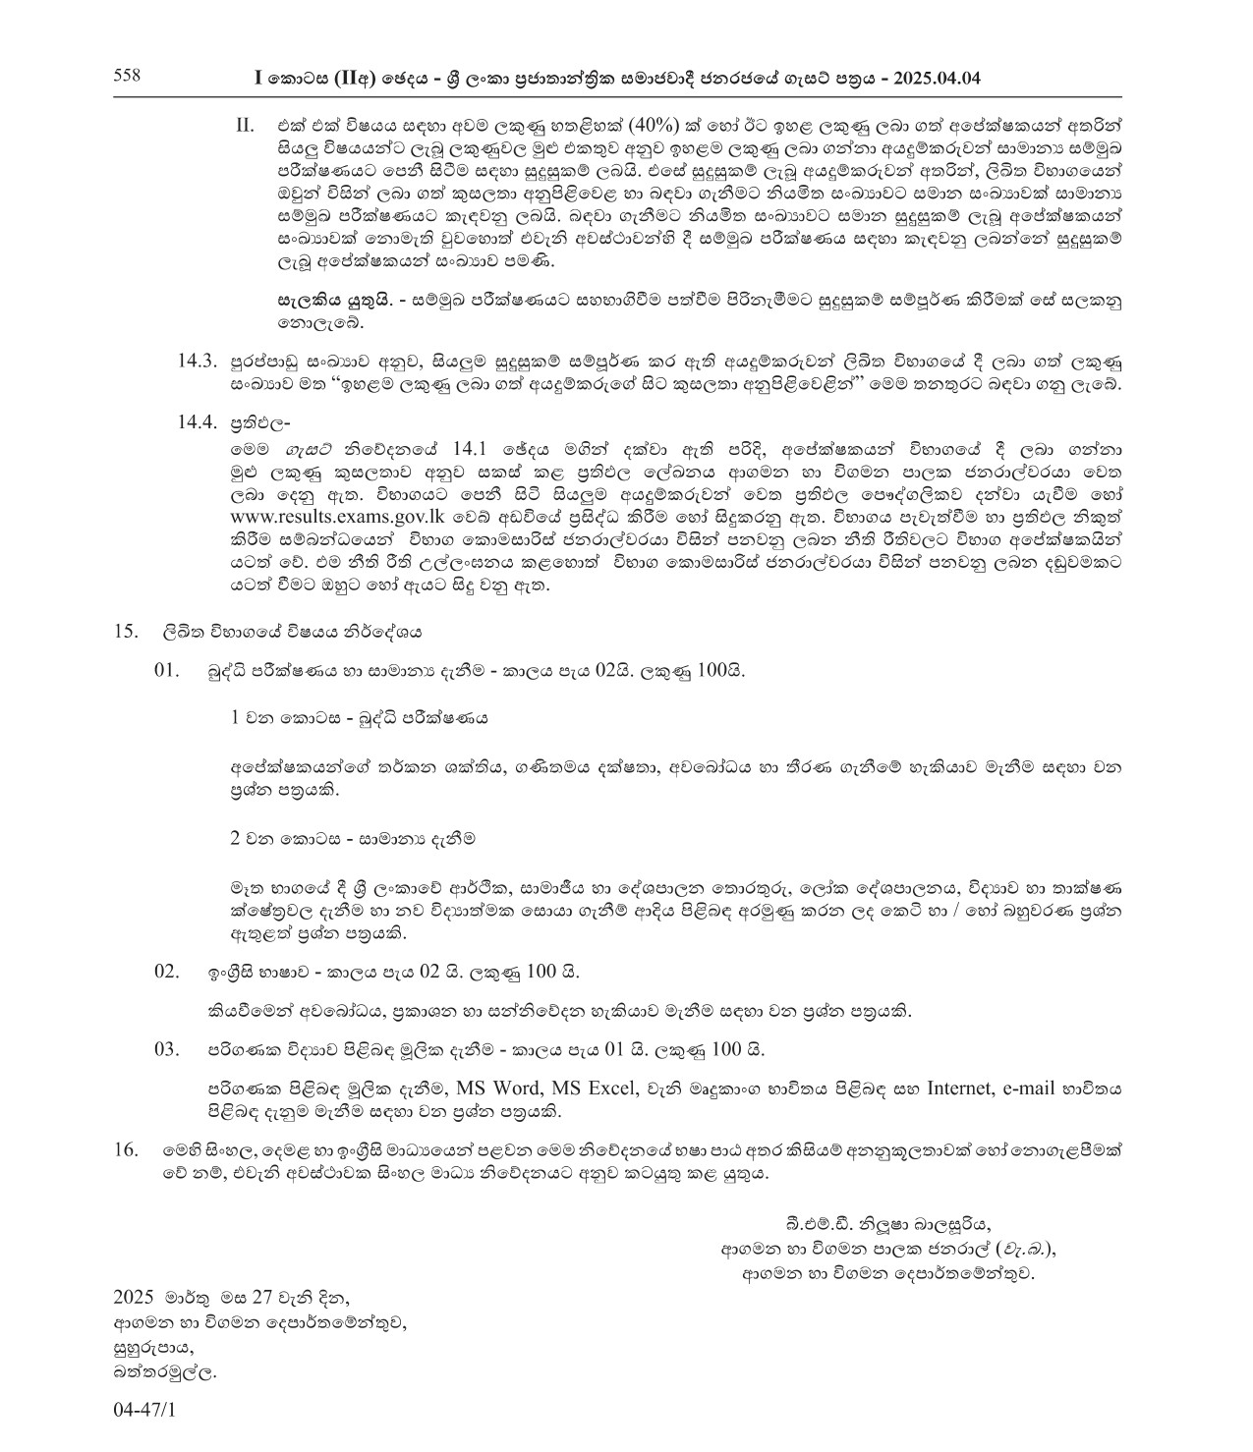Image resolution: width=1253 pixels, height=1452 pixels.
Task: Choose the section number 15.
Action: pyautogui.click(x=125, y=632)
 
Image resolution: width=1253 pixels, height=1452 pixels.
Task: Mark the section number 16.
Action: pyautogui.click(x=125, y=1148)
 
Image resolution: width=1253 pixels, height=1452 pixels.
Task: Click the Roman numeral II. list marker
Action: pyautogui.click(x=245, y=127)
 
